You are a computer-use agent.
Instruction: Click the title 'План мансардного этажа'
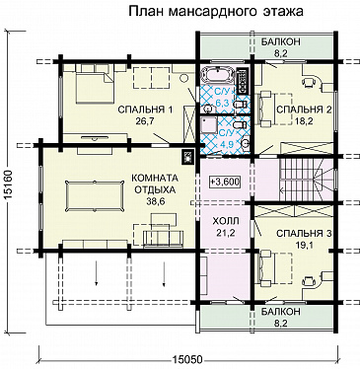pos(213,12)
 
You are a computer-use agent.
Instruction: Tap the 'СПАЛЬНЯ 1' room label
pos(145,109)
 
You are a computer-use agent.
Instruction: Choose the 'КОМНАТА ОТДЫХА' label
pos(154,184)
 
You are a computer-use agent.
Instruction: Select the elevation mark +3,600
pos(226,183)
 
